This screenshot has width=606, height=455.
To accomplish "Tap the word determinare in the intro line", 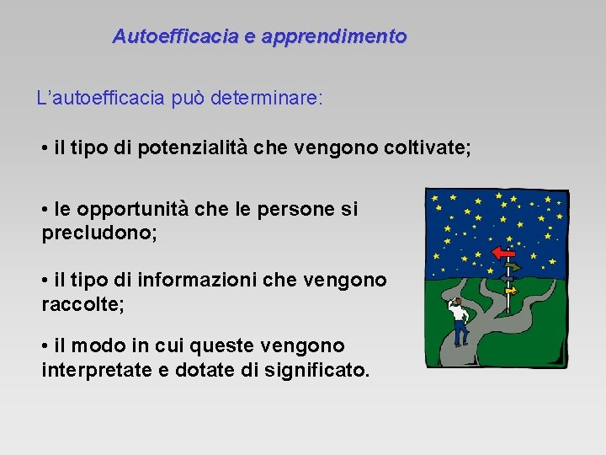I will click(266, 98).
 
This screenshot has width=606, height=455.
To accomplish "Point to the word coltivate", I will click(424, 149).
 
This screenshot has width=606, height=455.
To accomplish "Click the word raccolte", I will click(82, 303).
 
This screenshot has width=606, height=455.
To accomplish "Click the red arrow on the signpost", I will click(504, 252).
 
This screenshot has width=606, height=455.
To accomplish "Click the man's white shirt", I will click(459, 314).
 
